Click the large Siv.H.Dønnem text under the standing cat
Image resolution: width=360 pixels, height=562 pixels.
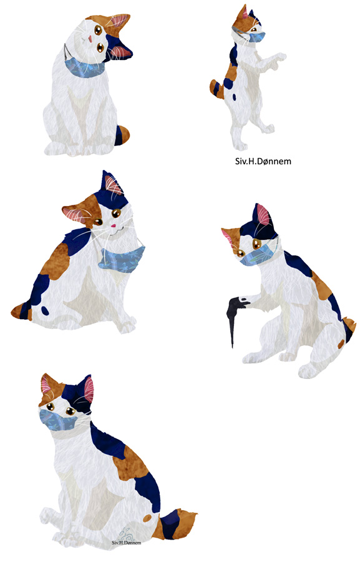pos(263,161)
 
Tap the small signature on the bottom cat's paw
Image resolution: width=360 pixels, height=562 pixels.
pos(127,543)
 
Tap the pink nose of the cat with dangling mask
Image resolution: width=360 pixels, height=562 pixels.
pos(114,226)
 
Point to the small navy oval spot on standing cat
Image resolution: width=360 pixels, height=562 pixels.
pos(234,97)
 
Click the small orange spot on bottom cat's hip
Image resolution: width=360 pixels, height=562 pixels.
pos(147,518)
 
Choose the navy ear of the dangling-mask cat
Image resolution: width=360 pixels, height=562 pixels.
pos(112,183)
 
